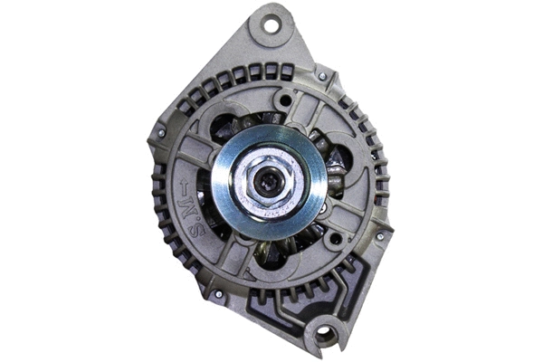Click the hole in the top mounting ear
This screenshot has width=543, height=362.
[x=271, y=25]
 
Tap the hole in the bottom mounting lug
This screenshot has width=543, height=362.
[x=322, y=335]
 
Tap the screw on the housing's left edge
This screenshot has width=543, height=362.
[x=161, y=133]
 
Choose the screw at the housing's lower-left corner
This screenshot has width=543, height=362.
[x=218, y=293]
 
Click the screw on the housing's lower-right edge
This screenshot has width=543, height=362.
[x=380, y=237]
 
